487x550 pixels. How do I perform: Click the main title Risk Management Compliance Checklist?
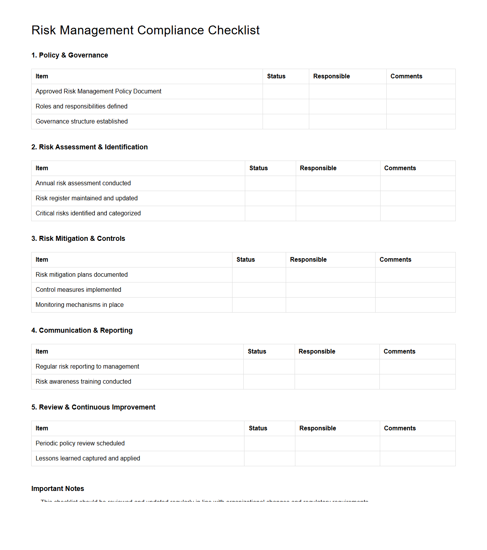tap(145, 30)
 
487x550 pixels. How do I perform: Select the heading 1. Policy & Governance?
tap(69, 55)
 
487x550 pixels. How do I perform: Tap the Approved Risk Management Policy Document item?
tap(98, 91)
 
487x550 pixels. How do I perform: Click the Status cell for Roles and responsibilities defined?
tap(285, 107)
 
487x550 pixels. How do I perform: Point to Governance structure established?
tap(81, 122)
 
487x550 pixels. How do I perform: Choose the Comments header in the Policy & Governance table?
tap(406, 76)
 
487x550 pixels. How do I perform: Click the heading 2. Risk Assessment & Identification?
tap(89, 147)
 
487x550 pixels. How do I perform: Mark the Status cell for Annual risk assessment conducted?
tap(270, 183)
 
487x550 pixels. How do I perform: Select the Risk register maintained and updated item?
tap(86, 198)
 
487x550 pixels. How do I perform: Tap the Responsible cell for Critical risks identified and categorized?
tap(338, 213)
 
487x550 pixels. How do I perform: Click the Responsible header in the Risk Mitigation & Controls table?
tap(308, 260)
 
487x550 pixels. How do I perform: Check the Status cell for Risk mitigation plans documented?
tap(259, 275)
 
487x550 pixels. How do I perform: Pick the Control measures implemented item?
tap(78, 290)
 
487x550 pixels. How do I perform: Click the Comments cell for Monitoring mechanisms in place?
tap(415, 305)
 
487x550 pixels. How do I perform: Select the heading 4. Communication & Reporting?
tap(82, 330)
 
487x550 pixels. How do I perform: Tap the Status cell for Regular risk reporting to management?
tap(269, 367)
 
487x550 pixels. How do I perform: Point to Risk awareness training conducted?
tap(83, 382)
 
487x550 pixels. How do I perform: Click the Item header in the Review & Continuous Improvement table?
tap(42, 428)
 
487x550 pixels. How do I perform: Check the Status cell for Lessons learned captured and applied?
tap(269, 459)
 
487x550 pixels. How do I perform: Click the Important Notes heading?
tap(57, 489)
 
